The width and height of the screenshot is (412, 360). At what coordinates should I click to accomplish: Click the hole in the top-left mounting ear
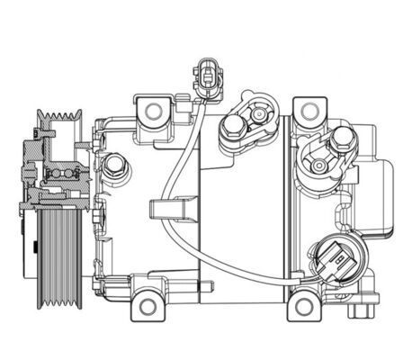pyautogui.click(x=153, y=112)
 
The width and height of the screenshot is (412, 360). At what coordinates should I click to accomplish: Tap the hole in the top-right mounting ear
pyautogui.click(x=309, y=111)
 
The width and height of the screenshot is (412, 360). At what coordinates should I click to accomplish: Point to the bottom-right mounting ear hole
pyautogui.click(x=304, y=307)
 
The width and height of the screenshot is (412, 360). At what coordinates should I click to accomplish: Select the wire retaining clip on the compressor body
pyautogui.click(x=162, y=211)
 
